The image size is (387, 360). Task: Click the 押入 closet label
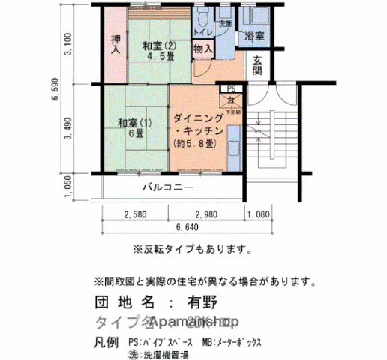(115, 45)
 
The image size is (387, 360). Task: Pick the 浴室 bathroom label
(254, 36)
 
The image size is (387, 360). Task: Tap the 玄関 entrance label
(256, 66)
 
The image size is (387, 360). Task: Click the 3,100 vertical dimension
(69, 45)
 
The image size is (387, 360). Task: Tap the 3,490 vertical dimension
(69, 127)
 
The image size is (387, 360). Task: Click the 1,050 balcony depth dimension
(69, 184)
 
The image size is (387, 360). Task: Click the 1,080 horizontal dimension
(258, 214)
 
